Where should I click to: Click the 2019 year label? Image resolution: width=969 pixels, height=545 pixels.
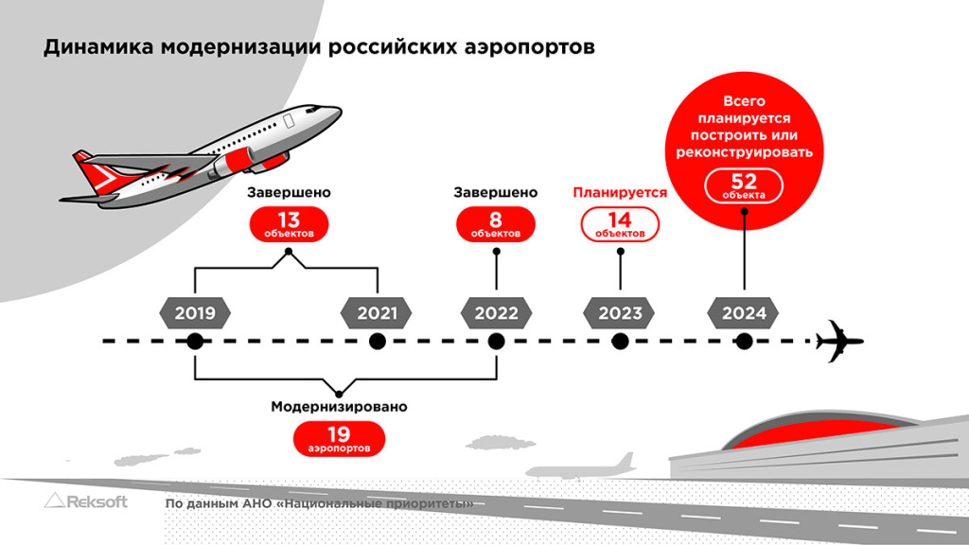point(195,313)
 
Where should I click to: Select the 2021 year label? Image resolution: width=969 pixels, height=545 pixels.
point(377,313)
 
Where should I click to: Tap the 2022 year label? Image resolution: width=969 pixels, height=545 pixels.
point(496,313)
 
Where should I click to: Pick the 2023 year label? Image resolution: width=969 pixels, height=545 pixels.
point(620,313)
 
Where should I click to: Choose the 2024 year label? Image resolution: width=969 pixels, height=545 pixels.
point(744,313)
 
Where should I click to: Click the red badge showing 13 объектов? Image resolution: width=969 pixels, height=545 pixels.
point(290,225)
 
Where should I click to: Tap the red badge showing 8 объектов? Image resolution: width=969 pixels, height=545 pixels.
point(496,225)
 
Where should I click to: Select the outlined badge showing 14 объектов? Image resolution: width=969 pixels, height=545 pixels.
point(620,225)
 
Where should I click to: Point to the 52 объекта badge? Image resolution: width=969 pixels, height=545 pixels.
point(744,185)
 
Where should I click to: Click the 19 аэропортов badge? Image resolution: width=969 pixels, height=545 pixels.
point(339,438)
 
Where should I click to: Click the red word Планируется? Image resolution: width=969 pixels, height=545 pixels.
point(620,192)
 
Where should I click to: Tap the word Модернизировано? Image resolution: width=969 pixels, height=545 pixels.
point(339,408)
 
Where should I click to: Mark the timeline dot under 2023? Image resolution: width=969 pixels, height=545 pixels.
point(620,342)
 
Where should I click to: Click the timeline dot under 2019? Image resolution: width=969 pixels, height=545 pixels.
point(195,342)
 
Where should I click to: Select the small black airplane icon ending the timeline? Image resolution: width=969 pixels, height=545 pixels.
point(839,341)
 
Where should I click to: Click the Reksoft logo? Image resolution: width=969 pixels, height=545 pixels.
point(86,501)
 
